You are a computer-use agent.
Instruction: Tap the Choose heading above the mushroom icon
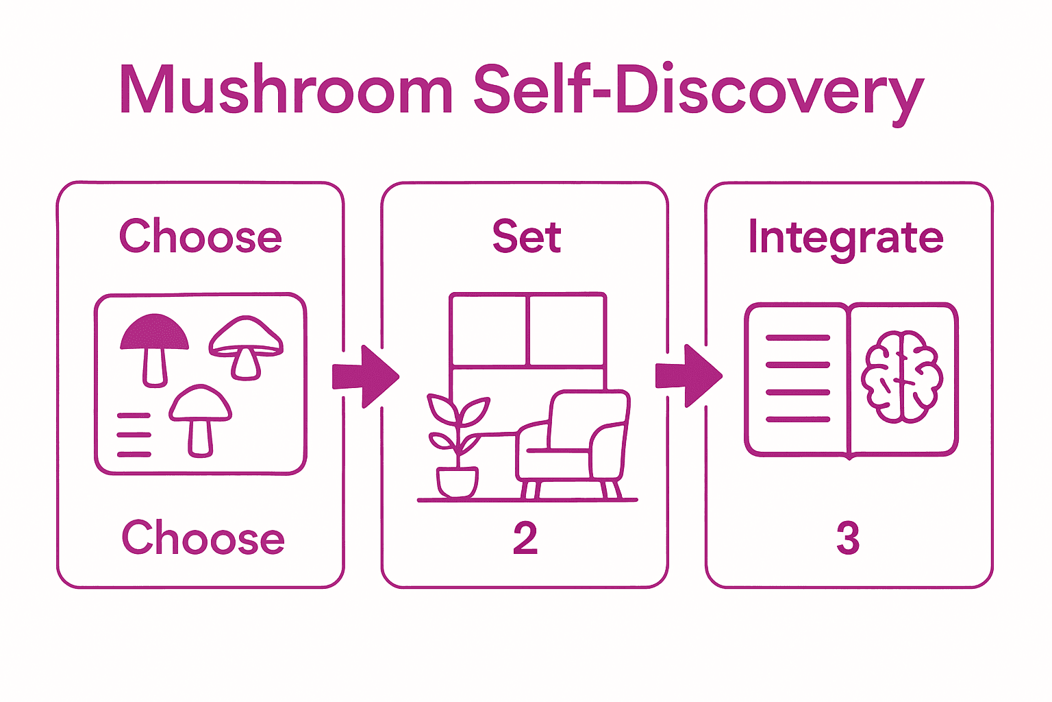click(x=201, y=237)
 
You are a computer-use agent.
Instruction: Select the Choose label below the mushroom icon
click(x=203, y=537)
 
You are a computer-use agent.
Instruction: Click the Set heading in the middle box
click(x=526, y=237)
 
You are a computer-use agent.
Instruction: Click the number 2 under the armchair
click(x=525, y=539)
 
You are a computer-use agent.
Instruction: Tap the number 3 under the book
click(x=848, y=539)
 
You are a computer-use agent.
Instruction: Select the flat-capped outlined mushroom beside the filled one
click(x=246, y=346)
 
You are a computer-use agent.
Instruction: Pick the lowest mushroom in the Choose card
click(x=200, y=419)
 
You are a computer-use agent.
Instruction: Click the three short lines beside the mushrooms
click(x=134, y=435)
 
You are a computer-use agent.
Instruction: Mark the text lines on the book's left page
click(x=798, y=378)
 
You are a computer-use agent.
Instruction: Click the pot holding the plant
click(x=458, y=481)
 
